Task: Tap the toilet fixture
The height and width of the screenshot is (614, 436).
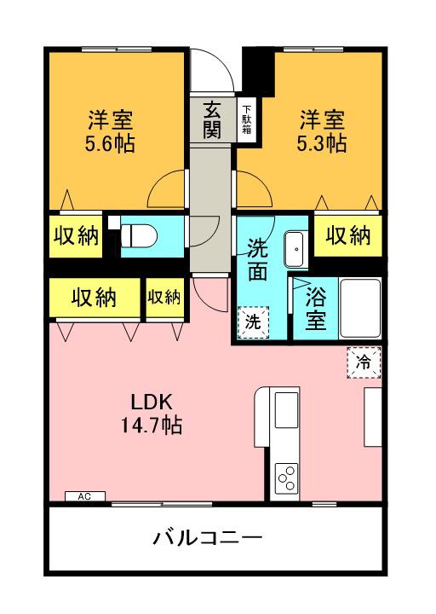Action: [140, 235]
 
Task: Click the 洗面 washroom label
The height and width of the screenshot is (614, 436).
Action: [262, 260]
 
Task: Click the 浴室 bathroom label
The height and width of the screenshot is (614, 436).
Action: [315, 310]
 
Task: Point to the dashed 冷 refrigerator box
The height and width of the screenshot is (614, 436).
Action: [364, 362]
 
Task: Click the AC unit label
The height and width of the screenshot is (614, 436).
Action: [84, 496]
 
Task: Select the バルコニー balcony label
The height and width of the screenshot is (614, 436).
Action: [208, 538]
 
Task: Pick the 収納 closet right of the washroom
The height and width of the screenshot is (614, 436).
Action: [347, 236]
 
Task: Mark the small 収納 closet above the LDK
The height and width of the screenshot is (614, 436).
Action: [164, 297]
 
